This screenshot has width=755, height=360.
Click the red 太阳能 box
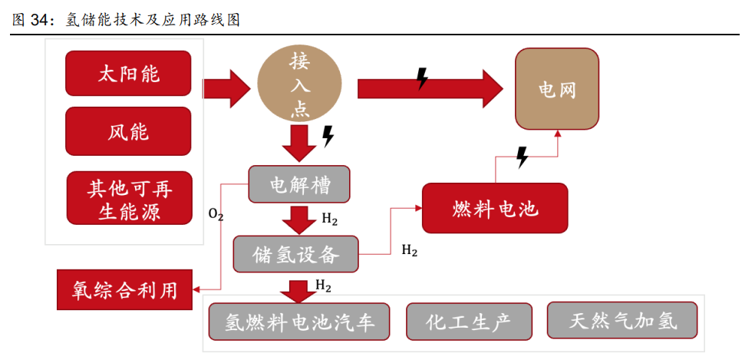tap(128, 74)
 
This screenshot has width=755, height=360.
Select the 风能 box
tap(128, 131)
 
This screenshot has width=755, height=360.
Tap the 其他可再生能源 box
tap(128, 198)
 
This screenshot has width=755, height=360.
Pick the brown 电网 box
tap(556, 89)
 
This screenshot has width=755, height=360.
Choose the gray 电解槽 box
tap(299, 185)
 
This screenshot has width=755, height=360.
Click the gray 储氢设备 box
tap(295, 253)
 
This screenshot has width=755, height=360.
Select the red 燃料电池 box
tap(495, 208)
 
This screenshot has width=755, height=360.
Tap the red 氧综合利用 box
tap(125, 290)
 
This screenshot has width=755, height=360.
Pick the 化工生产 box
tap(468, 322)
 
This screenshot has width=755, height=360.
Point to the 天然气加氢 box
tap(623, 320)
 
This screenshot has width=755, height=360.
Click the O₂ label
tap(216, 216)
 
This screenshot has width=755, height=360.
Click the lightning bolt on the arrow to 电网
tap(421, 78)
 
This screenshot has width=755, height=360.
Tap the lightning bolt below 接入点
tap(328, 137)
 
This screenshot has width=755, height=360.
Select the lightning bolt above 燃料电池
tap(522, 158)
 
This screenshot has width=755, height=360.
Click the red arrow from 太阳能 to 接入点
tap(227, 87)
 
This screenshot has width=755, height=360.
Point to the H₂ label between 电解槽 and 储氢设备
tap(329, 220)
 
